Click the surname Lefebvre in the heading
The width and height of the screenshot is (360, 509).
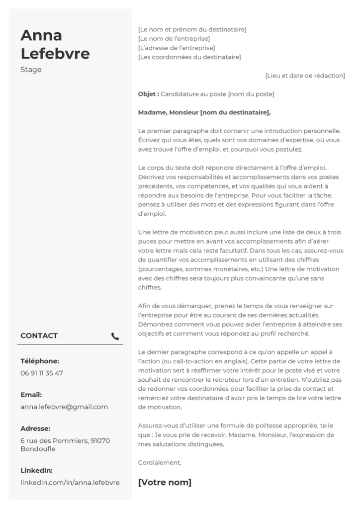tap(55, 53)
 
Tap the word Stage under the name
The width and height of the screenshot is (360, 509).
tap(31, 70)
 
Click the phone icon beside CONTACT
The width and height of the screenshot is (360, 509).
tap(115, 336)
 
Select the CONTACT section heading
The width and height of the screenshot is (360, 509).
tap(39, 336)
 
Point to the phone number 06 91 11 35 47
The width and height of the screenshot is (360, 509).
tap(42, 373)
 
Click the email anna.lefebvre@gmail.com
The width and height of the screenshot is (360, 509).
tap(64, 407)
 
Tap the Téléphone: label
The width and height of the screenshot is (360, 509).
tap(40, 361)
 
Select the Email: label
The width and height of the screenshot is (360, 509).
tap(31, 395)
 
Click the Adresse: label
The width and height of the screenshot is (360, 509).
tap(35, 428)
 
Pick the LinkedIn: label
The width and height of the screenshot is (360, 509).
tap(36, 470)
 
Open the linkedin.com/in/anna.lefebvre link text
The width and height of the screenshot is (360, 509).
tap(70, 482)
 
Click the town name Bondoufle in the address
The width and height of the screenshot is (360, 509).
tap(38, 449)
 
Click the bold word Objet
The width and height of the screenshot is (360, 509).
tap(148, 94)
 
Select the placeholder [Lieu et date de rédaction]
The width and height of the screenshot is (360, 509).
tap(305, 76)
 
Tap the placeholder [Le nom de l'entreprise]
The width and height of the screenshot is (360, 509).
tap(174, 39)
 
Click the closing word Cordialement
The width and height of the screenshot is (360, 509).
tap(160, 462)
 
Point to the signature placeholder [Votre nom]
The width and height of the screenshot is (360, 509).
tap(165, 482)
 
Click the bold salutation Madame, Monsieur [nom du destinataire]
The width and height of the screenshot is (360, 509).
tap(204, 112)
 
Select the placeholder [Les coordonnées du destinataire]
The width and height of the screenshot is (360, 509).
tap(189, 57)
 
